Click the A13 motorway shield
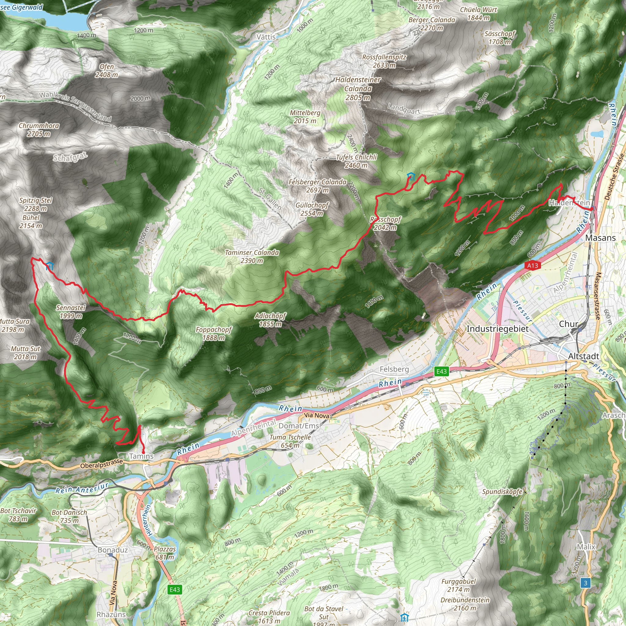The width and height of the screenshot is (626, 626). point(532,266)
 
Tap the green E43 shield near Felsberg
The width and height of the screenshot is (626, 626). point(441,372)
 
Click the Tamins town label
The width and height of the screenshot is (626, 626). point(141,456)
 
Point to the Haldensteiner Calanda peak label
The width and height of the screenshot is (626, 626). point(358,88)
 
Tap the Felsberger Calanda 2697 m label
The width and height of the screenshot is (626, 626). point(318,186)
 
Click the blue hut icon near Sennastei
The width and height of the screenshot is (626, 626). point(50,266)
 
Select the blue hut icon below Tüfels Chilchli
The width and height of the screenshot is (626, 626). point(411,176)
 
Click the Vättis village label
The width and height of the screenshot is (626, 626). point(266,37)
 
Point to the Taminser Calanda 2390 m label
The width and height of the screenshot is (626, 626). point(252,256)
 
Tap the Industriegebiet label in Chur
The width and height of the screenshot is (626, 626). point(497,329)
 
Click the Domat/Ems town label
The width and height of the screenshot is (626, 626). point(299,426)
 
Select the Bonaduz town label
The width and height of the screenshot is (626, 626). point(113,550)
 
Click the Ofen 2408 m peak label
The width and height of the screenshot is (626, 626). point(107,71)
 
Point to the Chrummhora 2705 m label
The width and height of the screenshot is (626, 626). point(39,130)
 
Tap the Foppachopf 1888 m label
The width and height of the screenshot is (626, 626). point(214,333)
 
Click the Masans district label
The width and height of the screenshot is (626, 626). point(600,238)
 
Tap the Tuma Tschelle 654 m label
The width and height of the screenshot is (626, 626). point(290,441)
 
